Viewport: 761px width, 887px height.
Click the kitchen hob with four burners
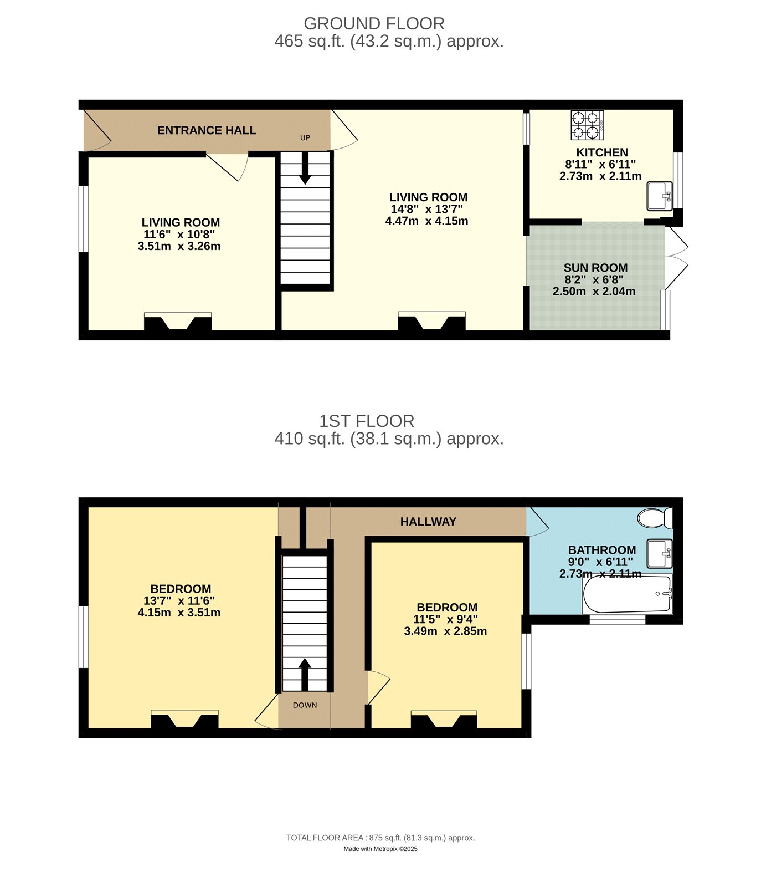587,125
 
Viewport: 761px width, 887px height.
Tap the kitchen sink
660,196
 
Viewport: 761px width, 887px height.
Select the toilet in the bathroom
655,518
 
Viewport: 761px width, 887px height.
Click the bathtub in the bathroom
627,594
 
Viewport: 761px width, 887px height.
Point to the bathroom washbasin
660,553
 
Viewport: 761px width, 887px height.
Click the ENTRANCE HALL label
207,130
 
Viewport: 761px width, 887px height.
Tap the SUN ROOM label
595,268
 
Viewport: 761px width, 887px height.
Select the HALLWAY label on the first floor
428,522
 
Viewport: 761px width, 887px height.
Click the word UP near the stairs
305,138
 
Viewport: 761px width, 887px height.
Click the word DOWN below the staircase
305,705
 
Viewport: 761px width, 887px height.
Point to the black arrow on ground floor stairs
305,167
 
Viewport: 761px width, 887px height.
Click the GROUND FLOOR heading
374,23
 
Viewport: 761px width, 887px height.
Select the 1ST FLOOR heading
367,421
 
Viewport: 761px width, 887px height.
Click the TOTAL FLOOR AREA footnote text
381,838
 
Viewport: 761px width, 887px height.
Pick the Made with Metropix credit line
381,849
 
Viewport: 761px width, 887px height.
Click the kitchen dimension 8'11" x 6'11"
600,164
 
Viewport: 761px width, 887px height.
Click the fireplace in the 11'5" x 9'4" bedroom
444,720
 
